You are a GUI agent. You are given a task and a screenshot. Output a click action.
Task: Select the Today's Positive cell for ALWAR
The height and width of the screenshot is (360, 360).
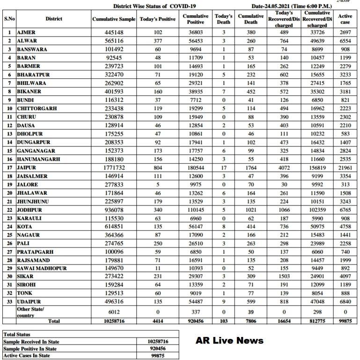click(x=158, y=41)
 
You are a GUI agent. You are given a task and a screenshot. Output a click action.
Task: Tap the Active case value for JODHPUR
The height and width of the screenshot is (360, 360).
click(x=345, y=210)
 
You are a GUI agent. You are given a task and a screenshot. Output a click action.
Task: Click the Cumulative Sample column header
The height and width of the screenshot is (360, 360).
click(x=114, y=19)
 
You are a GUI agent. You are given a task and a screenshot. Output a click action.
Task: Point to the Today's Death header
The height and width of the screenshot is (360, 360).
click(x=224, y=19)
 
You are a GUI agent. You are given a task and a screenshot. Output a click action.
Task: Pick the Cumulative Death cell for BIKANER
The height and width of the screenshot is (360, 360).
click(x=251, y=91)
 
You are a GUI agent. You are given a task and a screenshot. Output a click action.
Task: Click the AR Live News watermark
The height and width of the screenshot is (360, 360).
click(x=229, y=340)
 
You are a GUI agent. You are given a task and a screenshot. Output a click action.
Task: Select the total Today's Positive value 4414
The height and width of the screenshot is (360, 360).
click(x=158, y=322)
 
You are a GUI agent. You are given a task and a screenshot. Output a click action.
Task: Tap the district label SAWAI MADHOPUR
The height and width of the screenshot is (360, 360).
click(x=42, y=269)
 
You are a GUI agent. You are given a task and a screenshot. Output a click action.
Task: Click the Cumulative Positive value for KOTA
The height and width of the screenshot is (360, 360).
click(x=196, y=226)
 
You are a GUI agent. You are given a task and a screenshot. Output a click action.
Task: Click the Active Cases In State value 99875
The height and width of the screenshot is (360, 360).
click(x=158, y=356)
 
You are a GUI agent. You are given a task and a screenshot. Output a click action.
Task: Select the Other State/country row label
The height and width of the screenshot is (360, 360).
click(x=31, y=312)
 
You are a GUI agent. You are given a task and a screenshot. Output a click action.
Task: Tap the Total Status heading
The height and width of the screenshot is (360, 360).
click(x=17, y=335)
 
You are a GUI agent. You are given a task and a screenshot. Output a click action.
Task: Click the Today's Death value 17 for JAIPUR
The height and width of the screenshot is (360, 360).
click(x=224, y=167)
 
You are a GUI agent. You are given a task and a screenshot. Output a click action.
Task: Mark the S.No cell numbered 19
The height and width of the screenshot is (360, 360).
click(x=9, y=184)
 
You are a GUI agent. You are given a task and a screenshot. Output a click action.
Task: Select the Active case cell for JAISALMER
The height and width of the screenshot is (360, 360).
click(x=345, y=176)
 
